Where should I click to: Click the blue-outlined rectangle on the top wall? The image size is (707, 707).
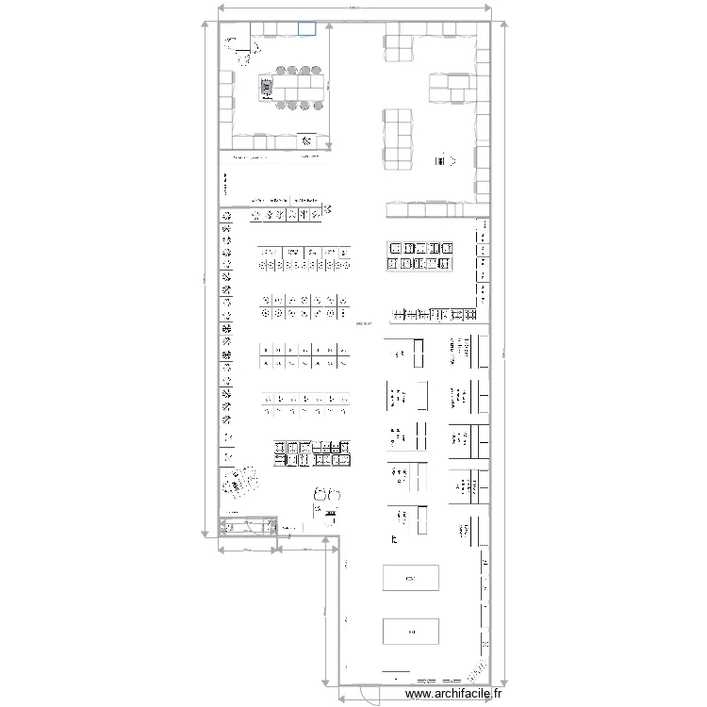pyautogui.click(x=306, y=29)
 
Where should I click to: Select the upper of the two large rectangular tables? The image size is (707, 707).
pyautogui.click(x=410, y=577)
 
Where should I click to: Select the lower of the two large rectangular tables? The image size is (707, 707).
pyautogui.click(x=410, y=630)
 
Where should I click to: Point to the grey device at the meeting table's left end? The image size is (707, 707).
pyautogui.click(x=267, y=88)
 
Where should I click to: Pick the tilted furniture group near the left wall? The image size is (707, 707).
pyautogui.click(x=239, y=485)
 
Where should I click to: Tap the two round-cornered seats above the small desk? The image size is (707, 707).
pyautogui.click(x=327, y=494)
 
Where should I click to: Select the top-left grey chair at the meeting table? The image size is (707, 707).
pyautogui.click(x=281, y=70)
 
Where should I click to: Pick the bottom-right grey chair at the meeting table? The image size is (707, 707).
pyautogui.click(x=318, y=105)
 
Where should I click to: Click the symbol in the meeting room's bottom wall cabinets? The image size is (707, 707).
pyautogui.click(x=307, y=141)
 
